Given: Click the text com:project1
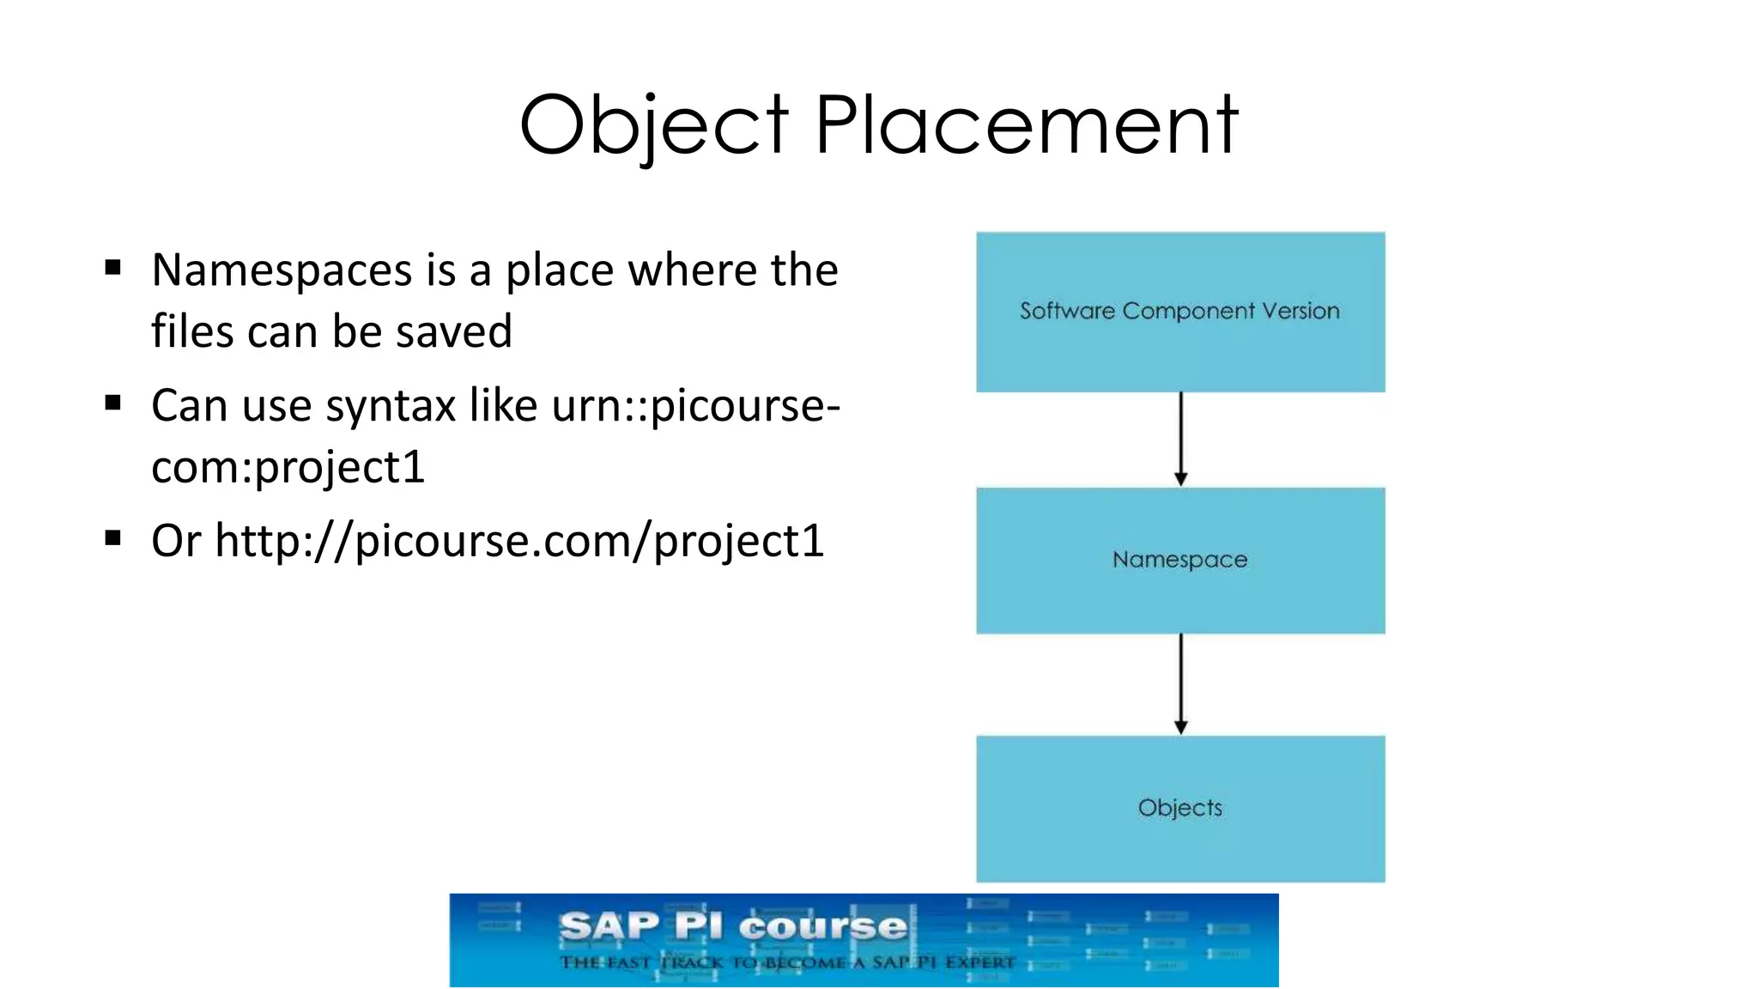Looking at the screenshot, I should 288,468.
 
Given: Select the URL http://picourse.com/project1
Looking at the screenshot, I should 519,542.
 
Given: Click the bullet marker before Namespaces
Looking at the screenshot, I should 112,268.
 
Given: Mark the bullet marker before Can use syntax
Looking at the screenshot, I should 112,403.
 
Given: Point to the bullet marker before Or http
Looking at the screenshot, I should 112,538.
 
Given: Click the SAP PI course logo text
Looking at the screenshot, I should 733,927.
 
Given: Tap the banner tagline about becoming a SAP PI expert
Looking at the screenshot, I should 787,962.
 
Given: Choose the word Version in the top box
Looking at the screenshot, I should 1301,311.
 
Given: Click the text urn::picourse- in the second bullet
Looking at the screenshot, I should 695,406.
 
